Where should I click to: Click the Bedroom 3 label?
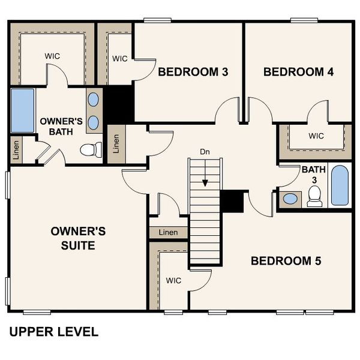point(193,72)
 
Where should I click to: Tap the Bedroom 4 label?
point(298,72)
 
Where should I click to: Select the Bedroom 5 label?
point(286,261)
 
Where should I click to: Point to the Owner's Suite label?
point(79,238)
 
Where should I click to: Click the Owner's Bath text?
point(61,127)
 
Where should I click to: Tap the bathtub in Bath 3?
point(339,185)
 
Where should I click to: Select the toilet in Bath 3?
point(314,197)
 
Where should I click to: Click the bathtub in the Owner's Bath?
point(22,111)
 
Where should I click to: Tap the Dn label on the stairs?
point(205,151)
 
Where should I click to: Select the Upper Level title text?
point(53,332)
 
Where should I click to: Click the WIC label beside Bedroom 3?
point(120,59)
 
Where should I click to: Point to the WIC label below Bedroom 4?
point(316,136)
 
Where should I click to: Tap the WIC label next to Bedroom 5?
point(173,280)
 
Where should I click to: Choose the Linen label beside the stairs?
point(168,232)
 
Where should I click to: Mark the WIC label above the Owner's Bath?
point(52,56)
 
